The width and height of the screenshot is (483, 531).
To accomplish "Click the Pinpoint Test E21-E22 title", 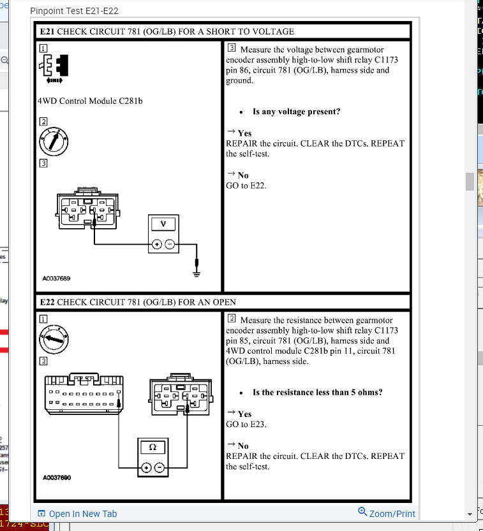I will pos(74,11).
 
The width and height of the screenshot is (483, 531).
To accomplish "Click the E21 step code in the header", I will pos(47,31).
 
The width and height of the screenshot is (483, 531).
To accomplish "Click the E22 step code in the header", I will pos(47,302).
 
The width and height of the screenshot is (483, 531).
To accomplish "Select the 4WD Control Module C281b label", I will pos(89,101).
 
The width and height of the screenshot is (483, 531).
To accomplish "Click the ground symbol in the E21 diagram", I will pos(198,272).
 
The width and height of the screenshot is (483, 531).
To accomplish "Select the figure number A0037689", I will pos(57,279).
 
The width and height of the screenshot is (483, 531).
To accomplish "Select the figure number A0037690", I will pos(57,477).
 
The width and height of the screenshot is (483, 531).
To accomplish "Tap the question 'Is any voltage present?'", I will pos(296,112).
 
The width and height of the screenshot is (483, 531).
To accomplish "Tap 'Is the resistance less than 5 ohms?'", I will pos(317,393).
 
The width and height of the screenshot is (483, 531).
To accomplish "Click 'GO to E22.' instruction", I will pos(246,185).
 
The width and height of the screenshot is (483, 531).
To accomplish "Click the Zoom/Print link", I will pos(387,513).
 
